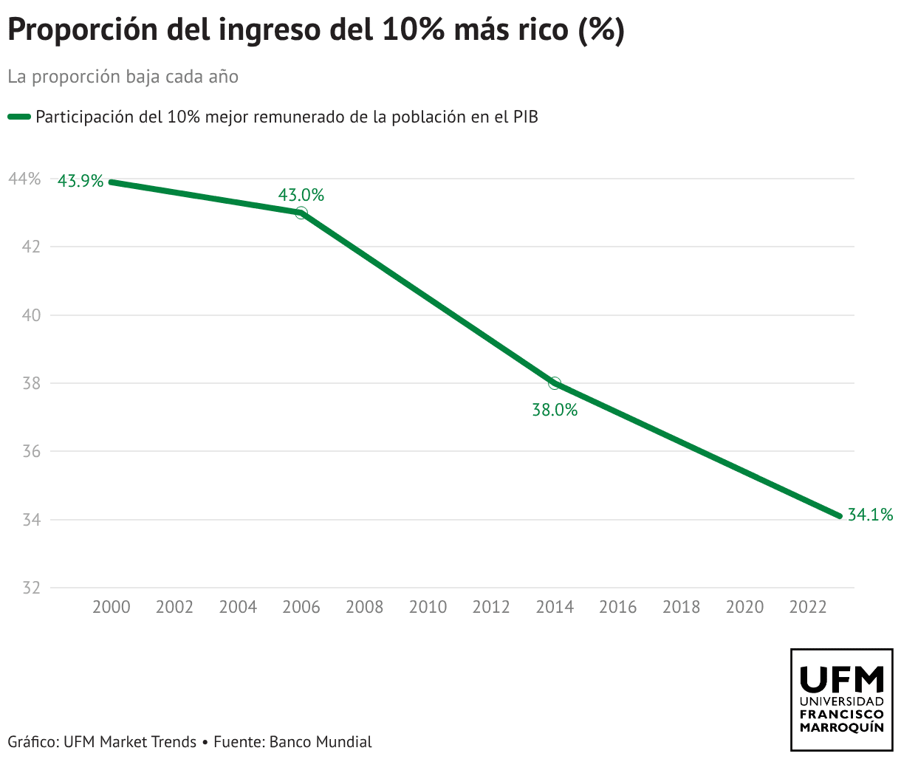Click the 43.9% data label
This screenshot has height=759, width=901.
(80, 181)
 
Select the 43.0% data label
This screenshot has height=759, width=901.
(301, 196)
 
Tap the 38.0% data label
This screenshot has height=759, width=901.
(555, 410)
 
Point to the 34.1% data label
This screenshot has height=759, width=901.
(870, 515)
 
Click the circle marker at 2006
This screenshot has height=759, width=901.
(301, 213)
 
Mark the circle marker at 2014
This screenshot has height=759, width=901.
(555, 383)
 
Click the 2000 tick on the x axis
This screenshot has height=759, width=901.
(112, 607)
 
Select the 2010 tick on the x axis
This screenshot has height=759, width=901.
(428, 607)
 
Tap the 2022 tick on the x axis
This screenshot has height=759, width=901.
(808, 607)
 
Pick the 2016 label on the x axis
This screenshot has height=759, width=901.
(618, 607)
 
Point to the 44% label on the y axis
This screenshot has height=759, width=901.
(24, 179)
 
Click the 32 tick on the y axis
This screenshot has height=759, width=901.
(31, 588)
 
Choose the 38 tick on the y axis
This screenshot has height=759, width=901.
(31, 383)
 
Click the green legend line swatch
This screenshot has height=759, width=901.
(19, 117)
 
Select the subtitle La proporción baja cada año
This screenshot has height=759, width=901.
(123, 77)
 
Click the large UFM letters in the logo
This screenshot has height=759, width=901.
(842, 678)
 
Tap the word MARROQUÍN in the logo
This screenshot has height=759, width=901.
(842, 727)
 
